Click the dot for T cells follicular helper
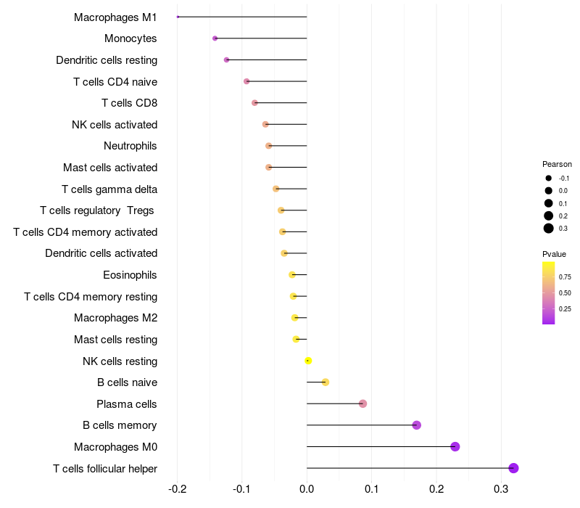[x=514, y=468]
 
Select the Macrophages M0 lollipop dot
[x=455, y=446]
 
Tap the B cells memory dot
[x=417, y=425]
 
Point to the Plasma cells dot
[x=363, y=403]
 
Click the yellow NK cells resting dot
[x=308, y=361]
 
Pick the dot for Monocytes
[x=215, y=38]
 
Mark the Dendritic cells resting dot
[x=227, y=60]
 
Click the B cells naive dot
[x=326, y=382]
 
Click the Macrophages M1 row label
[x=115, y=17]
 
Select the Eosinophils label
[x=130, y=275]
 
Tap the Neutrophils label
[x=130, y=146]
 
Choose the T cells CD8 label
[x=129, y=103]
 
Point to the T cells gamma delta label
[x=109, y=189]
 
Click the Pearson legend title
[x=557, y=164]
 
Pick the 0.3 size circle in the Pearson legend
[x=549, y=229]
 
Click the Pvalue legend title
[x=555, y=254]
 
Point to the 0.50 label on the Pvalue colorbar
[x=565, y=292]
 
